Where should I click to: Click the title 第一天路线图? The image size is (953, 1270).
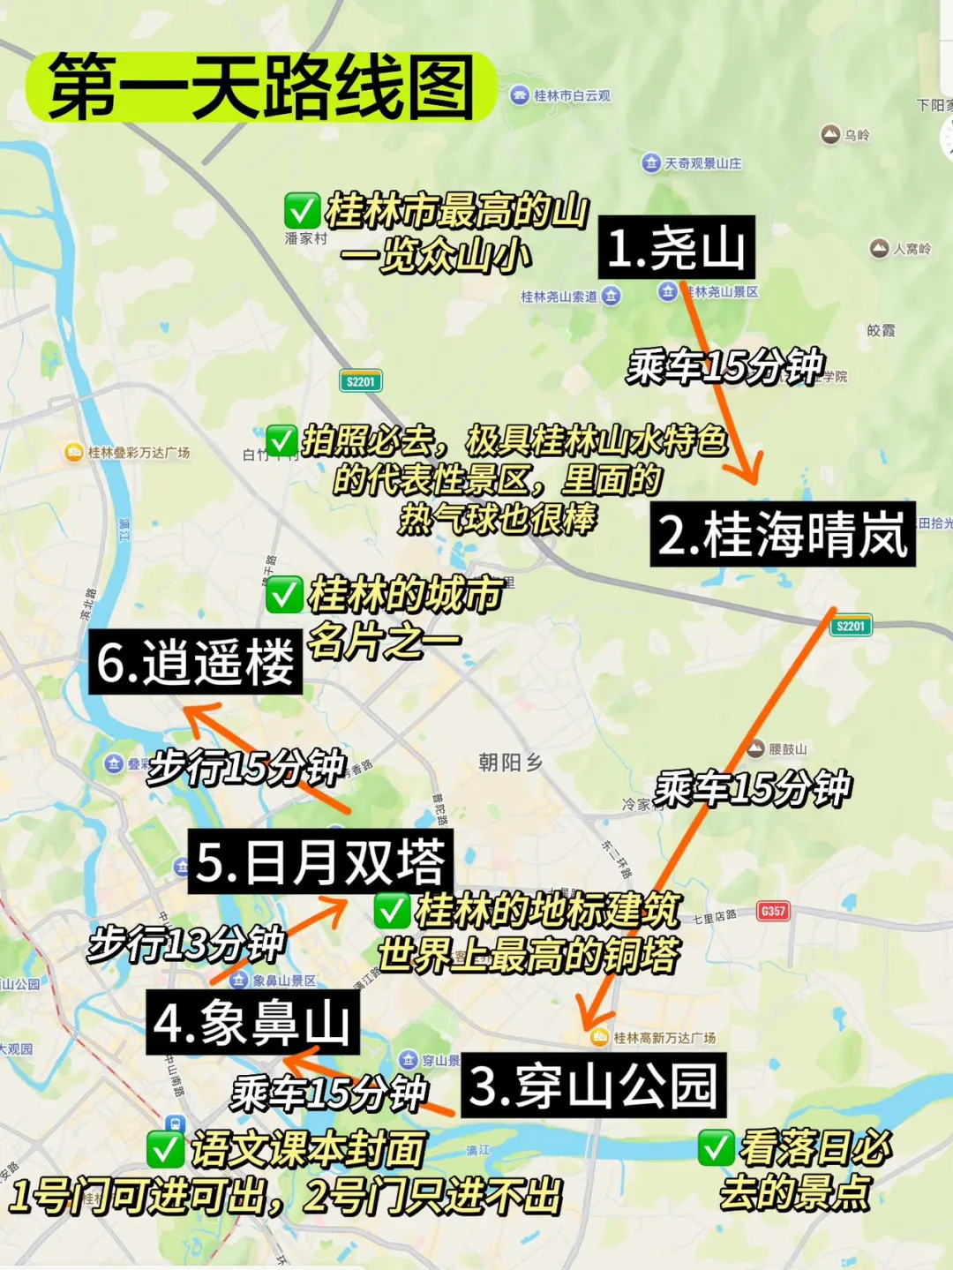(x=261, y=86)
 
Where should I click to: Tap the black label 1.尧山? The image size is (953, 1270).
(x=676, y=247)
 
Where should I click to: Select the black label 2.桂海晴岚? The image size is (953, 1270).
(x=782, y=535)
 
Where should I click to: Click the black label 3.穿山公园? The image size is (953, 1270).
(x=593, y=1086)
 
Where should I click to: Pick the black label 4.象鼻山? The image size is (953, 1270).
(x=252, y=1023)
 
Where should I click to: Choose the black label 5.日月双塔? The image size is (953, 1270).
(x=320, y=861)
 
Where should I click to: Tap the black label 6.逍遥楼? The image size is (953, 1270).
(x=195, y=662)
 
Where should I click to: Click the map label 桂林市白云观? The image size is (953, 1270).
(x=571, y=95)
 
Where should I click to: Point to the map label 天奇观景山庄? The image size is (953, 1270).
(x=702, y=163)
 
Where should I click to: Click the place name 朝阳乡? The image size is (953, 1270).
(x=510, y=762)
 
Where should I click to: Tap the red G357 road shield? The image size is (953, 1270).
(x=772, y=911)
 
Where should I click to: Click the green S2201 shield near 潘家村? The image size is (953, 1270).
(x=360, y=381)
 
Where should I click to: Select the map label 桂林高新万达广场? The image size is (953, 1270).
(x=664, y=1038)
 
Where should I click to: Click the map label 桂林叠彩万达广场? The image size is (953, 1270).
(x=138, y=453)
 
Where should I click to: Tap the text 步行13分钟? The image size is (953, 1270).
(x=186, y=943)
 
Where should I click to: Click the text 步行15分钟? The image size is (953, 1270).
(x=246, y=766)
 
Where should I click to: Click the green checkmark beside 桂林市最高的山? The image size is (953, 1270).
(x=301, y=211)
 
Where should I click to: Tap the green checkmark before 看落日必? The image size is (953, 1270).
(x=716, y=1147)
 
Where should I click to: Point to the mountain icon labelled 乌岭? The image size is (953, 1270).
(x=830, y=134)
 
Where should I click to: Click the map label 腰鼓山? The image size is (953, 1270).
(x=787, y=749)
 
